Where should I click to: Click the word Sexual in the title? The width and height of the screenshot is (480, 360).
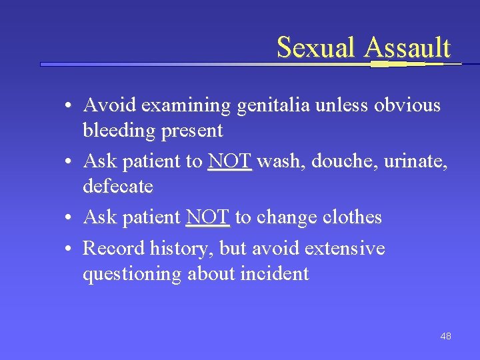(317, 48)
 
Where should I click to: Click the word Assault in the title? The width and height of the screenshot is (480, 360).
(407, 48)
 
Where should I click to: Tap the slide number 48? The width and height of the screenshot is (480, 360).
(445, 336)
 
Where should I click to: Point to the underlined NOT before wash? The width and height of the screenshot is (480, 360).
(229, 161)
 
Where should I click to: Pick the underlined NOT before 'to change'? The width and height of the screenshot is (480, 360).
(207, 217)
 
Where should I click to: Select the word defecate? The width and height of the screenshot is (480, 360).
(118, 186)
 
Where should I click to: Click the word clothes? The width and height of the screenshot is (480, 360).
(352, 217)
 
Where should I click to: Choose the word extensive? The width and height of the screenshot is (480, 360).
(344, 249)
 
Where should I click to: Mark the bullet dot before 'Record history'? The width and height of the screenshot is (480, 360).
(69, 249)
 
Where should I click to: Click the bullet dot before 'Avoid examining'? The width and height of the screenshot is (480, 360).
(69, 106)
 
